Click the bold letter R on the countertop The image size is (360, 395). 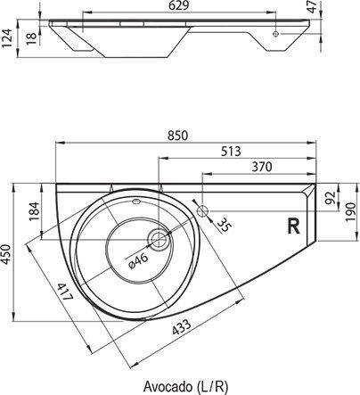coord(291,226)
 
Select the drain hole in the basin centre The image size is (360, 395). coord(158,238)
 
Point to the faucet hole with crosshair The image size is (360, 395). coord(204,211)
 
